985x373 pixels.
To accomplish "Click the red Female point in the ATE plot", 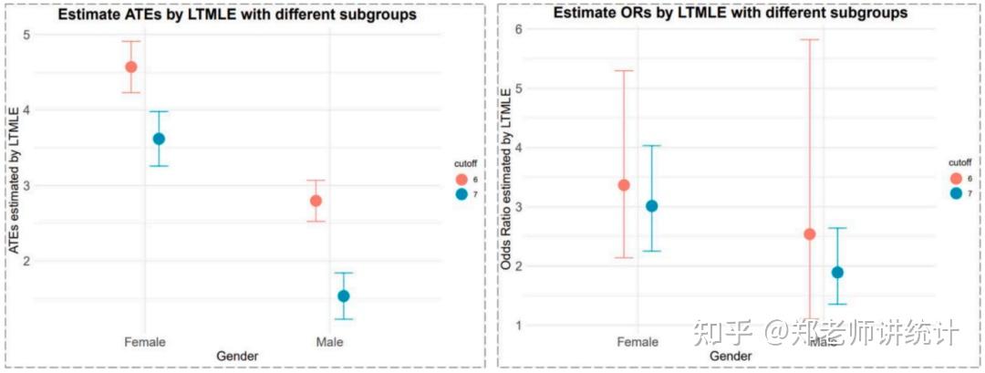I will click(130, 67).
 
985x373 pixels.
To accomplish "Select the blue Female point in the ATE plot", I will click(159, 139).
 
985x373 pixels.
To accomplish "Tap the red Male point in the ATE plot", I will click(316, 201).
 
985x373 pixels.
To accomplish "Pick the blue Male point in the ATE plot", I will click(344, 295).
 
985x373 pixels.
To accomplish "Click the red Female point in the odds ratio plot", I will click(624, 185).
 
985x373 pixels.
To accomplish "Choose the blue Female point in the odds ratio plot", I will click(651, 206).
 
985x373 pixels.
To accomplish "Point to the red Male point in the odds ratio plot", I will click(809, 234).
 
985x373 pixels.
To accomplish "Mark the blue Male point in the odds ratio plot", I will click(837, 273).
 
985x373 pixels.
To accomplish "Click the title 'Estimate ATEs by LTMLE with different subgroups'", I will click(237, 15).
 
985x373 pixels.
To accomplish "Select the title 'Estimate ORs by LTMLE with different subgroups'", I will click(730, 14).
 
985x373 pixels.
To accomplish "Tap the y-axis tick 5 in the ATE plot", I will click(26, 35).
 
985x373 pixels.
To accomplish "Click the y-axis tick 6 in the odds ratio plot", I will click(517, 29).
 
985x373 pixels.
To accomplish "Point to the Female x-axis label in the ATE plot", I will click(145, 342).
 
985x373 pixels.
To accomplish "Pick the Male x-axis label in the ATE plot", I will click(329, 342).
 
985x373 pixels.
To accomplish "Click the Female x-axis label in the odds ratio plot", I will click(638, 342).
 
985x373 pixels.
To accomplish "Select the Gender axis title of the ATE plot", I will click(236, 356).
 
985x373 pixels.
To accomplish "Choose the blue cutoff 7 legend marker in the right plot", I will click(955, 193).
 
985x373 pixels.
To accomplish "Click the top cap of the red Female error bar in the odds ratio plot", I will click(624, 70).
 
